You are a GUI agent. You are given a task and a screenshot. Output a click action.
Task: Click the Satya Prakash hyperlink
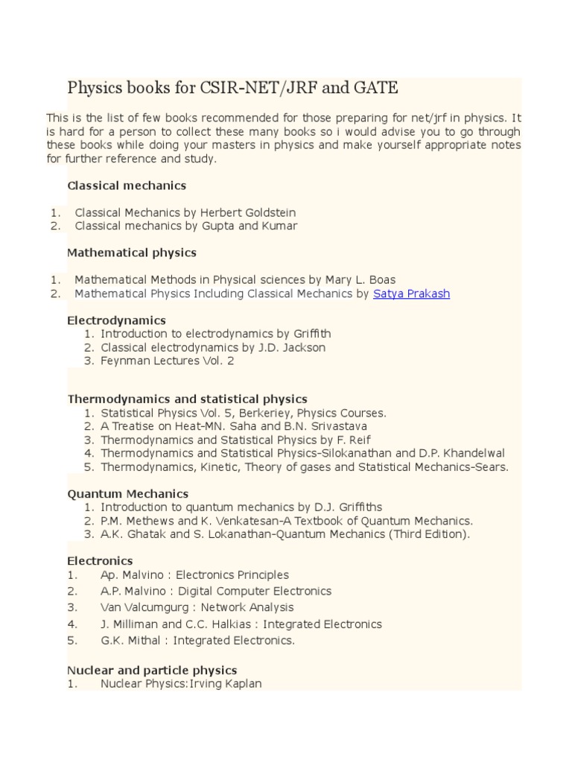(411, 294)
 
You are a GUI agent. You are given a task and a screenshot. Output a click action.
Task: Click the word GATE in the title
(373, 88)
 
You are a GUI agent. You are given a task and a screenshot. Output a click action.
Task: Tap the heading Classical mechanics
(127, 185)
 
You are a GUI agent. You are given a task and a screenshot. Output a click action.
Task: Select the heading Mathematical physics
(132, 253)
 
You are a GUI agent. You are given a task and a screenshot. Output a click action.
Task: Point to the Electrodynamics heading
(117, 320)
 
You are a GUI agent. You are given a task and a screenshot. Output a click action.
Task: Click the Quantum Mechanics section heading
(128, 494)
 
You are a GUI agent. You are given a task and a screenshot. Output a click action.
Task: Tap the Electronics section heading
(100, 560)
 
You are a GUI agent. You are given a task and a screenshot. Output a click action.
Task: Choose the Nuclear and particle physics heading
(152, 671)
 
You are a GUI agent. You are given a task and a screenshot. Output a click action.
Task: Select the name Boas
(381, 280)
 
